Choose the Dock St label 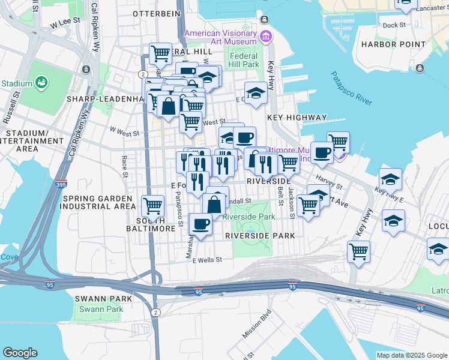[x=394, y=25]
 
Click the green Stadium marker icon [x=41, y=82]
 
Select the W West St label [x=124, y=133]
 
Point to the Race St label [x=125, y=166]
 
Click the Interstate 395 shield [x=62, y=186]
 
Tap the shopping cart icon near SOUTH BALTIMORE [x=153, y=206]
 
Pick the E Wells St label [x=207, y=260]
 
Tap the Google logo [x=20, y=353]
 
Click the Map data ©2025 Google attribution [x=412, y=355]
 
